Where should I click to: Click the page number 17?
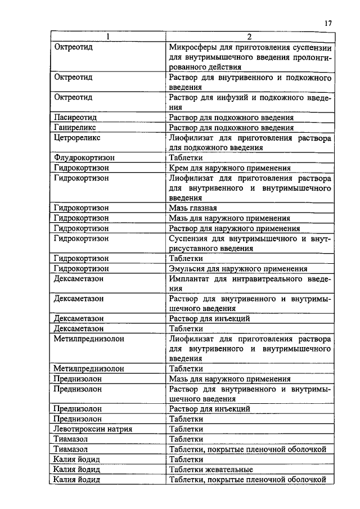coord(328,23)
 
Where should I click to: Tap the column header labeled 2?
coord(250,37)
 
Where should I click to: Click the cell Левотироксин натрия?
coord(93,429)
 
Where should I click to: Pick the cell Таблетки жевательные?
coord(211,469)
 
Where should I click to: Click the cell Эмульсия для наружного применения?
coord(238,269)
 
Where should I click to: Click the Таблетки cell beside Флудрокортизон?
coord(186,158)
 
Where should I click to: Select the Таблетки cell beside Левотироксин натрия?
coord(186,429)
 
